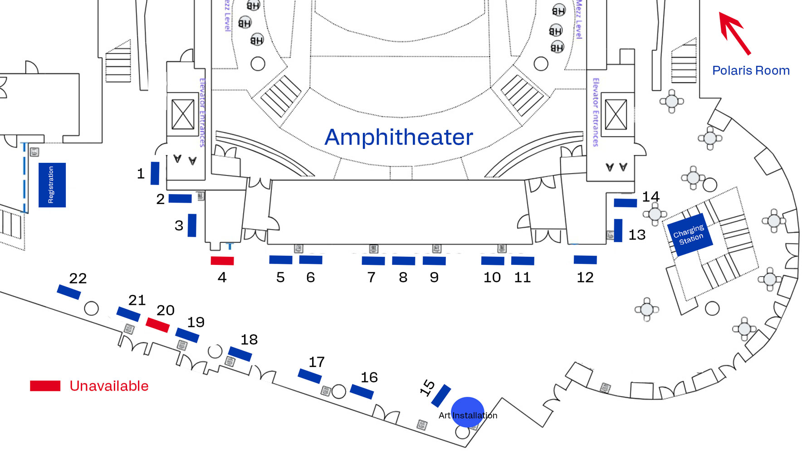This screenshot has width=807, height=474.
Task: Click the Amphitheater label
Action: pyautogui.click(x=399, y=137)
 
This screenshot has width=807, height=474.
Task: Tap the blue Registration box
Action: pyautogui.click(x=52, y=185)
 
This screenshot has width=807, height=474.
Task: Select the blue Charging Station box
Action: pyautogui.click(x=689, y=234)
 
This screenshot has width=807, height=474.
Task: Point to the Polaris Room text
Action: pyautogui.click(x=751, y=71)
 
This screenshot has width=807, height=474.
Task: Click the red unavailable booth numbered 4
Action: pyautogui.click(x=222, y=261)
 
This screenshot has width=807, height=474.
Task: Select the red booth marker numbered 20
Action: pyautogui.click(x=157, y=325)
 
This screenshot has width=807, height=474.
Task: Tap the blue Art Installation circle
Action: pyautogui.click(x=468, y=412)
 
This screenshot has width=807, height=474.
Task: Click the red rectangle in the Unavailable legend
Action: pyautogui.click(x=45, y=386)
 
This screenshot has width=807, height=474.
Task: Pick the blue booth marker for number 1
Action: pyautogui.click(x=155, y=173)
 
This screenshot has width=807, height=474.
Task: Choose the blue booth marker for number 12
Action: pyautogui.click(x=585, y=260)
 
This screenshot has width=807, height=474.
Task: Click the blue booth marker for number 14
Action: pyautogui.click(x=625, y=203)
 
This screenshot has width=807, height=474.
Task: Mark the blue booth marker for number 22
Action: pyautogui.click(x=69, y=292)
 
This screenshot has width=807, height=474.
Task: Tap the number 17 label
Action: pyautogui.click(x=317, y=362)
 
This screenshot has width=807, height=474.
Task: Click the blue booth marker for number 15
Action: pyautogui.click(x=441, y=396)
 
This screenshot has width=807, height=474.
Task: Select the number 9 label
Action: pyautogui.click(x=434, y=277)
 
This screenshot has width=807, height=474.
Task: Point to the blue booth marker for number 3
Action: pyautogui.click(x=192, y=225)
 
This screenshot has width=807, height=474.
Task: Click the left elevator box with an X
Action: pyautogui.click(x=183, y=114)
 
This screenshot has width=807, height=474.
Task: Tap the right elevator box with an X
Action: pyautogui.click(x=616, y=114)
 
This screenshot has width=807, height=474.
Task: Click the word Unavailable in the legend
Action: pyautogui.click(x=109, y=386)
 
